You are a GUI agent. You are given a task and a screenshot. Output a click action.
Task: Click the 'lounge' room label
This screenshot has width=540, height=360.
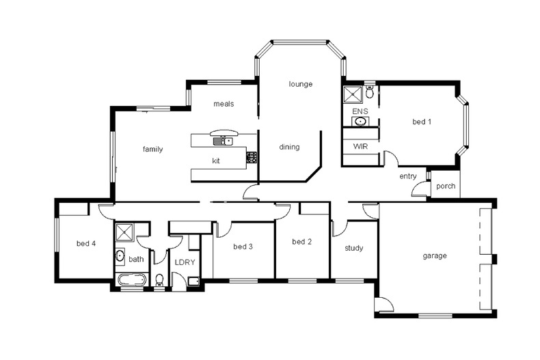pos(300,84)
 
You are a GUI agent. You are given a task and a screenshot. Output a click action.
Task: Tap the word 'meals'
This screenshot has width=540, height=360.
pos(224,105)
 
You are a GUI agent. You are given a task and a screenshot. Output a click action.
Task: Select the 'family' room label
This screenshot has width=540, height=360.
pos(152,149)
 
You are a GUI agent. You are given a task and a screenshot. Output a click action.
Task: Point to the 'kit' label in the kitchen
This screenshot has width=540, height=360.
pos(216,161)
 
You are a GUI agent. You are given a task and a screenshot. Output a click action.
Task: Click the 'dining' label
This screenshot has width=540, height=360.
pos(289,147)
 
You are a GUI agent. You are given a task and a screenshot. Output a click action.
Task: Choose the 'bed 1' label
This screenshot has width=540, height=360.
pos(422,122)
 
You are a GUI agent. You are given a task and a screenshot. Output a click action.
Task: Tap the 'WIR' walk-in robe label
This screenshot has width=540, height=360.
pos(360,147)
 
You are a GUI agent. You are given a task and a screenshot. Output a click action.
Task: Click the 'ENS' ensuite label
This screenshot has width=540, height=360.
pos(360,111)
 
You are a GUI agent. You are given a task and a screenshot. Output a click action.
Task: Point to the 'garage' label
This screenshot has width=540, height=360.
pos(434,256)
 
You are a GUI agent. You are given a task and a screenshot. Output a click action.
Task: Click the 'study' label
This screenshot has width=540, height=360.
pos(353,248)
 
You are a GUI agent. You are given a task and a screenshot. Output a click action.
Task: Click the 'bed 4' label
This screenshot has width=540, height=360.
pos(85,244)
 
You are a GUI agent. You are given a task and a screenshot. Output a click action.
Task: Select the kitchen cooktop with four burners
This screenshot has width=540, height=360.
pos(251,157)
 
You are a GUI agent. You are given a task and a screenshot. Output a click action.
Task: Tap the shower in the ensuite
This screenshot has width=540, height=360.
pos(353,94)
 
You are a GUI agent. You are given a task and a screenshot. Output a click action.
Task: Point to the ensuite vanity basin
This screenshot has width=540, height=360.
pos(360,122)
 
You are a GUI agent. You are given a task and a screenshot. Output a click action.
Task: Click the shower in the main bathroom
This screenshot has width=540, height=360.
pos(125,234)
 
